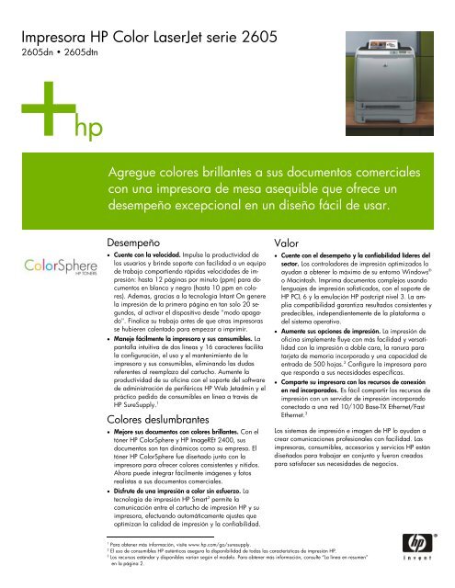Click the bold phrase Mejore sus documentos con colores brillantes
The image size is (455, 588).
pyautogui.click(x=184, y=434)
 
